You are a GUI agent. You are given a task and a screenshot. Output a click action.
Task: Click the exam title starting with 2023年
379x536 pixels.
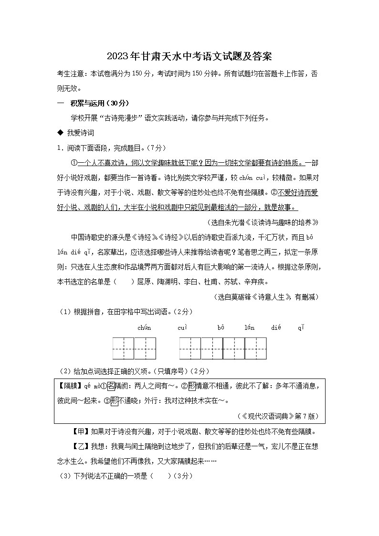click(189, 56)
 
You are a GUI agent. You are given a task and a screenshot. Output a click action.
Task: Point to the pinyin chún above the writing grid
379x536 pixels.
click(144, 327)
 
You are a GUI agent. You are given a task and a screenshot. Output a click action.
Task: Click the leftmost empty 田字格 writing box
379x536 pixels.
click(123, 348)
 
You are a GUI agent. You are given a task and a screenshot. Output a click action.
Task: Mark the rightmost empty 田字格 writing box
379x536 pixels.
click(255, 348)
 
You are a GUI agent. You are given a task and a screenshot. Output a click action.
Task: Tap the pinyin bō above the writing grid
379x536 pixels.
click(221, 327)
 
